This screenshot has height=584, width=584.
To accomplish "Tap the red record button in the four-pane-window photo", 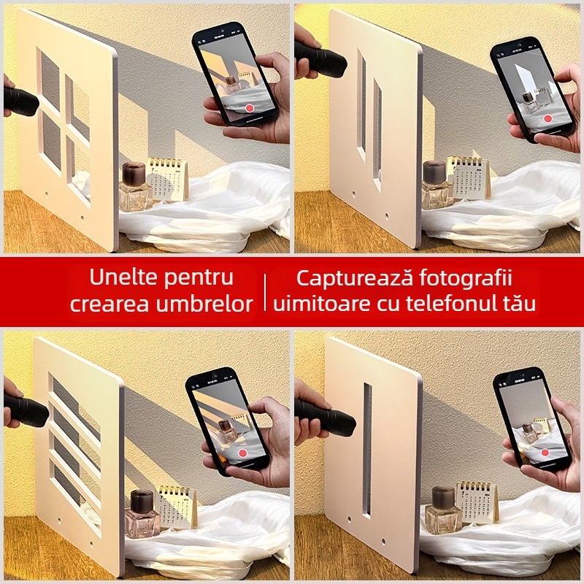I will pyautogui.click(x=250, y=107).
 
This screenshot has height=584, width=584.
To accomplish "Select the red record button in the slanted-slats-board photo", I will pyautogui.click(x=242, y=453).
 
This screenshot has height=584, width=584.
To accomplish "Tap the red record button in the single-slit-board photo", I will pyautogui.click(x=544, y=453).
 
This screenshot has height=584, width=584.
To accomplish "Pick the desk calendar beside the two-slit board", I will pyautogui.click(x=468, y=178).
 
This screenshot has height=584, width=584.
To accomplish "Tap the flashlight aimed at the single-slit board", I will pyautogui.click(x=325, y=418).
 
